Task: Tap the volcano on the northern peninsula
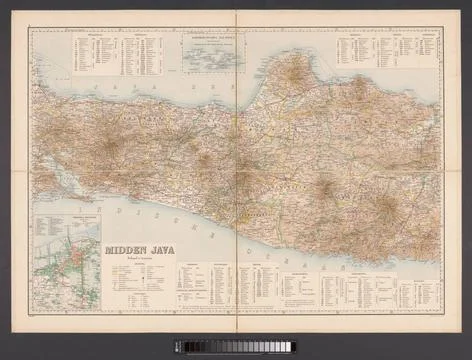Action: click(x=296, y=69)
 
